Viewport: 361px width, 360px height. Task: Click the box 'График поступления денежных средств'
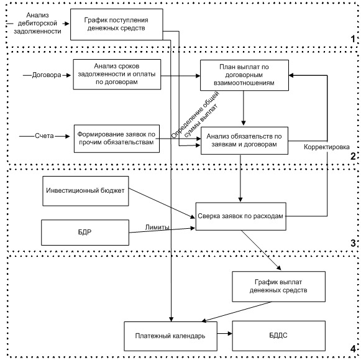click(x=116, y=24)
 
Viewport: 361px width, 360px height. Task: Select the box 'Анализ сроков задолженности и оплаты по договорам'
click(x=117, y=74)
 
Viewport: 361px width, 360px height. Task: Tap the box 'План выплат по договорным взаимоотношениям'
click(x=244, y=75)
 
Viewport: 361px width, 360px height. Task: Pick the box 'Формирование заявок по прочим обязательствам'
click(x=116, y=139)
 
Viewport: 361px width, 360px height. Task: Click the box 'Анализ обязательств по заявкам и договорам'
click(x=244, y=141)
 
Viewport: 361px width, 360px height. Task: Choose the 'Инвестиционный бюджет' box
click(x=85, y=191)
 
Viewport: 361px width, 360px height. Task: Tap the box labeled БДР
click(x=85, y=233)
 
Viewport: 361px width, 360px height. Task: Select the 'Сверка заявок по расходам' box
click(x=241, y=216)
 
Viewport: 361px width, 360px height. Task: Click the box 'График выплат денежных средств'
click(x=278, y=287)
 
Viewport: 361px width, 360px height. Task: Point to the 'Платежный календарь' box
click(x=170, y=336)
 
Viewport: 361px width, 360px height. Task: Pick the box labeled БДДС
click(x=278, y=336)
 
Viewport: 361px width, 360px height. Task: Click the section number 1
click(x=353, y=39)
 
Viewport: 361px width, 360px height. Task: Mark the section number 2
click(x=353, y=157)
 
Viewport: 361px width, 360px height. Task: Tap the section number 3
click(x=353, y=243)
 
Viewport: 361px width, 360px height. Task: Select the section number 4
click(x=353, y=349)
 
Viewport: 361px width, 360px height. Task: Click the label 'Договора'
click(x=47, y=75)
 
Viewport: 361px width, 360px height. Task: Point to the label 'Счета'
click(x=44, y=136)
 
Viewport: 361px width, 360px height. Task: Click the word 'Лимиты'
click(x=157, y=228)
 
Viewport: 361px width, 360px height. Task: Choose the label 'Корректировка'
click(x=326, y=147)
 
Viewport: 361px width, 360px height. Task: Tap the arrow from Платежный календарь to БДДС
click(x=224, y=333)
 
